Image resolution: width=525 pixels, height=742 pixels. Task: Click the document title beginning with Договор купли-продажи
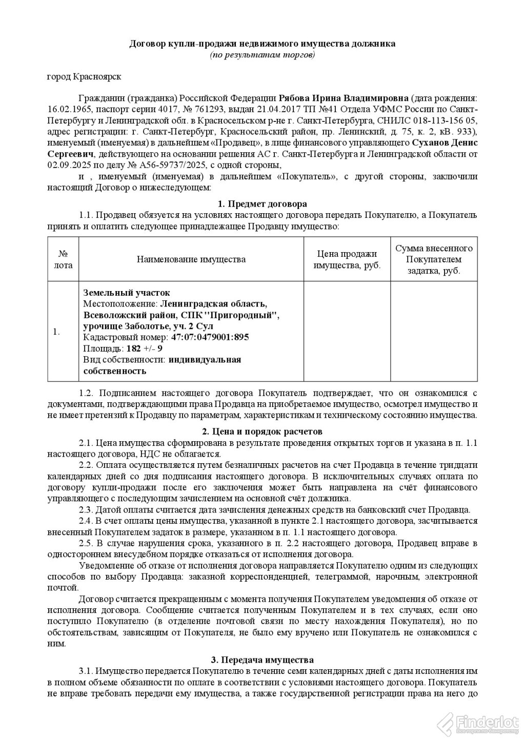click(262, 44)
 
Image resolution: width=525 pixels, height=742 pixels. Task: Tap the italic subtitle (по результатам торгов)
click(262, 54)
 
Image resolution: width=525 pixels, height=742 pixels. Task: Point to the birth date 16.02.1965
click(66, 110)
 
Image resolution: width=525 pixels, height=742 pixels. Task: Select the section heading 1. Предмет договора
click(262, 204)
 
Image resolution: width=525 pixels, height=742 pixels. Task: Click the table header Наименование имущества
click(191, 259)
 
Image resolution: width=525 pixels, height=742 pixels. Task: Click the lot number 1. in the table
click(56, 332)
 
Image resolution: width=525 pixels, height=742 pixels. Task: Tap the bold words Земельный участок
click(126, 293)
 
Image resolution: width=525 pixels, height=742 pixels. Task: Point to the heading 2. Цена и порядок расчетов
click(262, 431)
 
